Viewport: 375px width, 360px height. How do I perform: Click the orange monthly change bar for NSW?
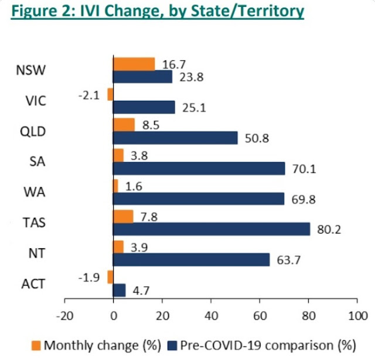[x=134, y=63]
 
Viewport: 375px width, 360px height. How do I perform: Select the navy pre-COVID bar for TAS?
[x=212, y=228]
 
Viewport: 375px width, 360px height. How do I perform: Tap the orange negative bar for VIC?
[x=110, y=94]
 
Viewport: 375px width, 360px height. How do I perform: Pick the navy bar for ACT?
[x=119, y=290]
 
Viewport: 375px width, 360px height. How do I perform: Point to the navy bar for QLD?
[x=175, y=138]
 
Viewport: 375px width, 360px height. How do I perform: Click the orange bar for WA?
[x=115, y=186]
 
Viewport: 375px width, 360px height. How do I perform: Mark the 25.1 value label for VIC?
[x=190, y=107]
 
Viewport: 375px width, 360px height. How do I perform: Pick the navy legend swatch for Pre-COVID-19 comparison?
[x=172, y=346]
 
